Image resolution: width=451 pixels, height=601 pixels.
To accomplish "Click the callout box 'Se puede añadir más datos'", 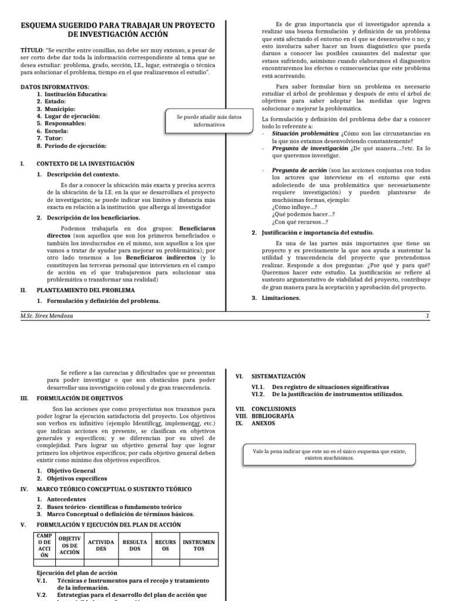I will (x=200, y=121).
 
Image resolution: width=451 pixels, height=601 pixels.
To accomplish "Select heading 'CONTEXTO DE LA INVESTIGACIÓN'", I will (x=86, y=164).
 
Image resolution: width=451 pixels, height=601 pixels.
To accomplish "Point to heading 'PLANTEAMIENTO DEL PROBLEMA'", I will (x=86, y=290).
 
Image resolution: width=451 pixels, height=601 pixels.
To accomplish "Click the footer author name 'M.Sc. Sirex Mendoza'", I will (x=48, y=316).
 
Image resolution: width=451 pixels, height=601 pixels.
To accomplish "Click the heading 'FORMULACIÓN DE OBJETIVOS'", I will (x=80, y=398).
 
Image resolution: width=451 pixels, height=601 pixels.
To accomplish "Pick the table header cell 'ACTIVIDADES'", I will (x=101, y=545).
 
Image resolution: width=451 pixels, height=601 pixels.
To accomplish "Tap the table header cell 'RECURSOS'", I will (x=165, y=545).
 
